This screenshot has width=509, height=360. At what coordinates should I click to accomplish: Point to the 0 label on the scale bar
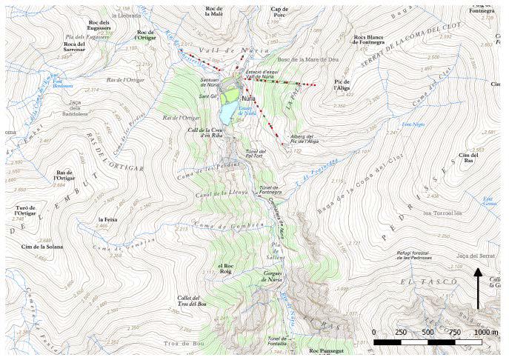click(374, 332)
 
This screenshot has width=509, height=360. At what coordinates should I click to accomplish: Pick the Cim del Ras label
click(468, 159)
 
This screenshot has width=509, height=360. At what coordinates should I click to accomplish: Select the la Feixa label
click(108, 220)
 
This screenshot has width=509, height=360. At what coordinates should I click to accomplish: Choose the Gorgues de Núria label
click(269, 276)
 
